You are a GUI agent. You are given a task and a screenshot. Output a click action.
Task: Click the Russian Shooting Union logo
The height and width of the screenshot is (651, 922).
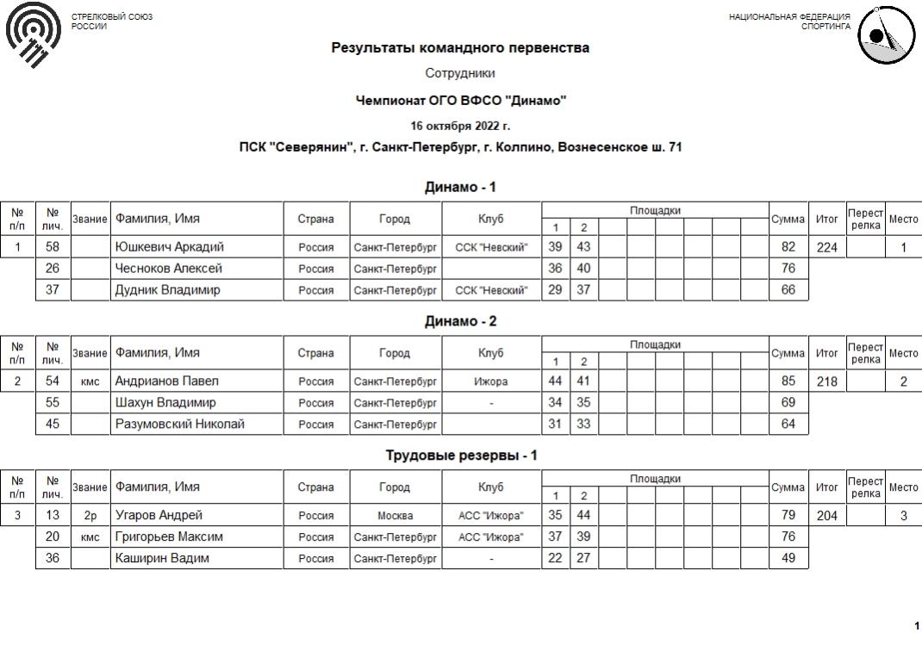pos(34,34)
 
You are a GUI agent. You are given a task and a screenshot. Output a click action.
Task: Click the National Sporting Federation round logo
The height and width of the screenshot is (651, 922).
pos(885,35)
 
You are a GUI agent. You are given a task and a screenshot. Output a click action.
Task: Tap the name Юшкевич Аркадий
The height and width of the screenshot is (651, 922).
pos(170,247)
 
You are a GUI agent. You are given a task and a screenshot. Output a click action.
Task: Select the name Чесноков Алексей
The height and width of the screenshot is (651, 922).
pos(169,269)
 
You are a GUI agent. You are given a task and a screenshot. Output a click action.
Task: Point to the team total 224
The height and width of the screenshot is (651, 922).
pos(826,248)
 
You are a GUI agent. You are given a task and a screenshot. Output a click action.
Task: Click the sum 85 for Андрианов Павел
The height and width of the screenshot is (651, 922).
pos(788,381)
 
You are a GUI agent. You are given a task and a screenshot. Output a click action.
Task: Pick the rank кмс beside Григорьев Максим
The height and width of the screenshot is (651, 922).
pos(90,537)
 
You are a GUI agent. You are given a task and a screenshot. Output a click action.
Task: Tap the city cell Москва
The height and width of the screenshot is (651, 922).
pos(395,516)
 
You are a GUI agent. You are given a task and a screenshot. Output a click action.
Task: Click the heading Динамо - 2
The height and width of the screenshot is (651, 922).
pos(460,321)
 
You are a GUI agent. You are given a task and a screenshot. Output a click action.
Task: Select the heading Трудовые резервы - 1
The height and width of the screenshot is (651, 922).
pos(460,456)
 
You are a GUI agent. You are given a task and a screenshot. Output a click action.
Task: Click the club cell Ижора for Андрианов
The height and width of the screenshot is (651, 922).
pos(490,381)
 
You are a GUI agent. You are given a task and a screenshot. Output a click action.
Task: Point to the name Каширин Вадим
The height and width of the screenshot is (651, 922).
pos(162,558)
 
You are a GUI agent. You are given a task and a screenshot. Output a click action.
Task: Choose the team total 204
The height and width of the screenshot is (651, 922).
pos(826,516)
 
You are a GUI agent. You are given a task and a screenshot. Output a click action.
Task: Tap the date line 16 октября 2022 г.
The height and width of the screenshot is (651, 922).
pos(460,126)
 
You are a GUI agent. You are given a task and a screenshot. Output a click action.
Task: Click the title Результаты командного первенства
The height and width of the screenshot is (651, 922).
pos(460,48)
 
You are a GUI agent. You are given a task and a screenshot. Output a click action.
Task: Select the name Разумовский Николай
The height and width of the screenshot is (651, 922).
pos(180,424)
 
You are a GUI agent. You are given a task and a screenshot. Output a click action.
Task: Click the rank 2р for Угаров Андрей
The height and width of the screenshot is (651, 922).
pos(90,516)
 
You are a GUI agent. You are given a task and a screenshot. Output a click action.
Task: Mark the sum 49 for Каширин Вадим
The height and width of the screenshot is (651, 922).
pos(788,558)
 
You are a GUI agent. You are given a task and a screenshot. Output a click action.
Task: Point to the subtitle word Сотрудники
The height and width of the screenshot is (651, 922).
pos(460,74)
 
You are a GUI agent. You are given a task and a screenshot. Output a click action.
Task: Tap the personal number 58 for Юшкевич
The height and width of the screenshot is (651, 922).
pos(53,247)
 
